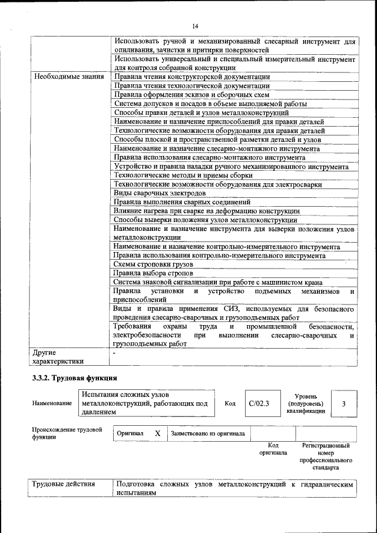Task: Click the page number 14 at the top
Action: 195,26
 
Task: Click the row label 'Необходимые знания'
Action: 69,77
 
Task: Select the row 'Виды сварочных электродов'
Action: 160,193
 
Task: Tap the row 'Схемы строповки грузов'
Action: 153,265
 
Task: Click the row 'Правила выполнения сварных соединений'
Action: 179,202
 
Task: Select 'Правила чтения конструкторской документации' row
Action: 192,77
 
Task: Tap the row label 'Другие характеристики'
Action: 58,357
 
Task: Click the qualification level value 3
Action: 343,403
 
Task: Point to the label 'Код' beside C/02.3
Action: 230,403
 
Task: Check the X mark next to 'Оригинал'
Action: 157,433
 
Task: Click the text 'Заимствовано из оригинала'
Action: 208,433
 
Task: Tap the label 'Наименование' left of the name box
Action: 52,403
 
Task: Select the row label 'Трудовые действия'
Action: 63,484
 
